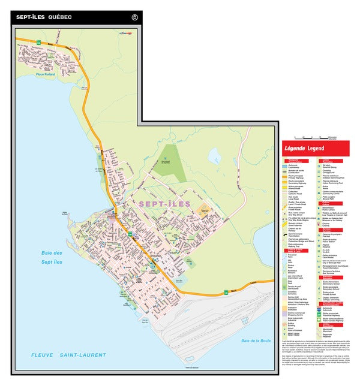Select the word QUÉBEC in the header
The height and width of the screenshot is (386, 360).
[60, 17]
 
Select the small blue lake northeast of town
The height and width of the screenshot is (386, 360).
[215, 157]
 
